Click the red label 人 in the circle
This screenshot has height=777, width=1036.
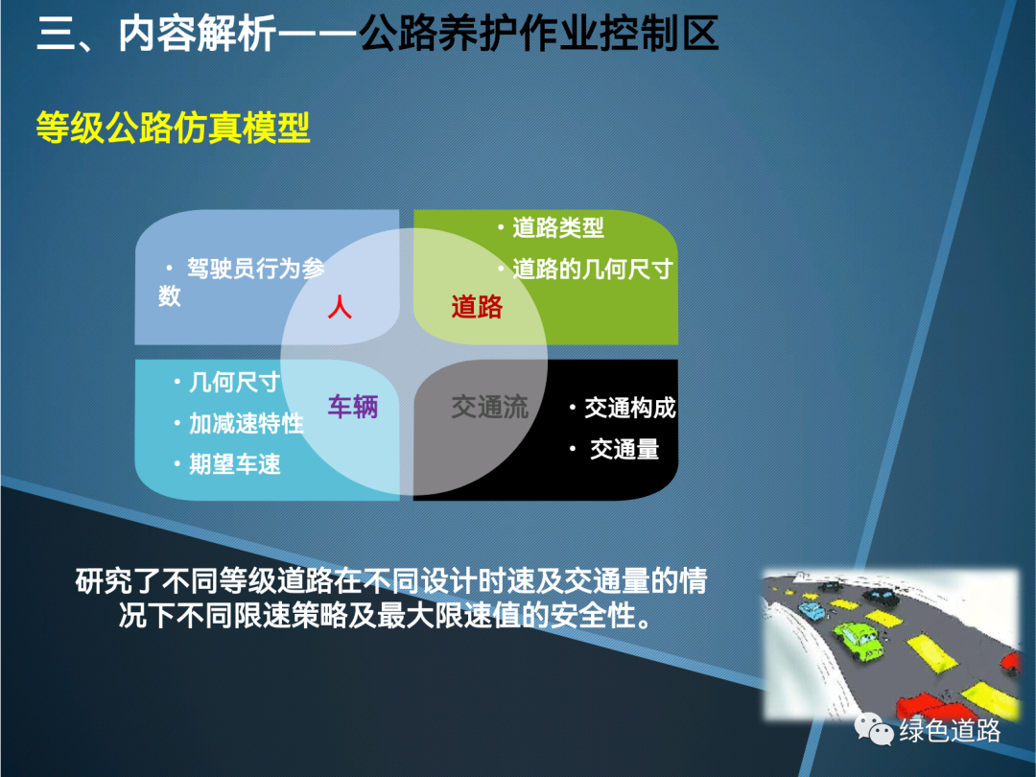click(x=340, y=308)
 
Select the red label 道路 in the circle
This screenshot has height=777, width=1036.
click(x=477, y=307)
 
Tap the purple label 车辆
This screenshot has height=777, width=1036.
click(x=353, y=407)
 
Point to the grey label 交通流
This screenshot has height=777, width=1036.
click(x=490, y=407)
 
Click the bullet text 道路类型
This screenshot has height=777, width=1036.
click(x=558, y=228)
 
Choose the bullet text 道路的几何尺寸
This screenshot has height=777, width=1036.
click(x=593, y=269)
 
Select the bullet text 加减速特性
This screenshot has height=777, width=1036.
click(x=247, y=424)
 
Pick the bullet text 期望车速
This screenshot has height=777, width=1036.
click(x=235, y=464)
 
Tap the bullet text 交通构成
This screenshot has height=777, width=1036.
click(x=630, y=409)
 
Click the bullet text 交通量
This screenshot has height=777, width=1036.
click(x=624, y=449)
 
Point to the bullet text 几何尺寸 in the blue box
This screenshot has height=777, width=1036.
click(x=235, y=383)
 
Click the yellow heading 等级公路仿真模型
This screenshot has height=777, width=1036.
click(x=173, y=128)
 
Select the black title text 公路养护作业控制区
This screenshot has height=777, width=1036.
click(x=539, y=34)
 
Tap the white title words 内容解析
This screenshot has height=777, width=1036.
click(x=197, y=34)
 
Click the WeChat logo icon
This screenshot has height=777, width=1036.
click(x=874, y=729)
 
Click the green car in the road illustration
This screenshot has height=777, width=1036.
click(x=858, y=638)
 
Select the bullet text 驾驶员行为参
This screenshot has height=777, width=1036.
click(x=256, y=269)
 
